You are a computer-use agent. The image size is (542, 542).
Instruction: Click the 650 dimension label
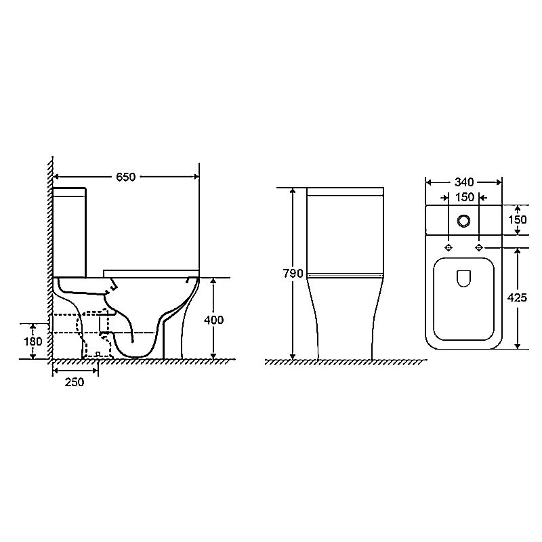pos(126,177)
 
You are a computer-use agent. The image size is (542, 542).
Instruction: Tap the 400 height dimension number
pos(213,320)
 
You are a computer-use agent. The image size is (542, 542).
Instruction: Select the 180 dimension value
pos(33,341)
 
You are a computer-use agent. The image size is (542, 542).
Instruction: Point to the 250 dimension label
pos(75,382)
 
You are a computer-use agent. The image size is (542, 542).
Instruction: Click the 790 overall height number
pos(293,274)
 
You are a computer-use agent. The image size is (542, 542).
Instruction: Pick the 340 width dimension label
pos(464,182)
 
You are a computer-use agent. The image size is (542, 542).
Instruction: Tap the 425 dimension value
pos(517,297)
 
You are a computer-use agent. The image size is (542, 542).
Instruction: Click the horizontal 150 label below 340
pos(465,197)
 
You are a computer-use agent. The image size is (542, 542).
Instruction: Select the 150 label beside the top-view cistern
pos(518,220)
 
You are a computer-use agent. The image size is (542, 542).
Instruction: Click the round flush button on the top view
pos(463,221)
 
